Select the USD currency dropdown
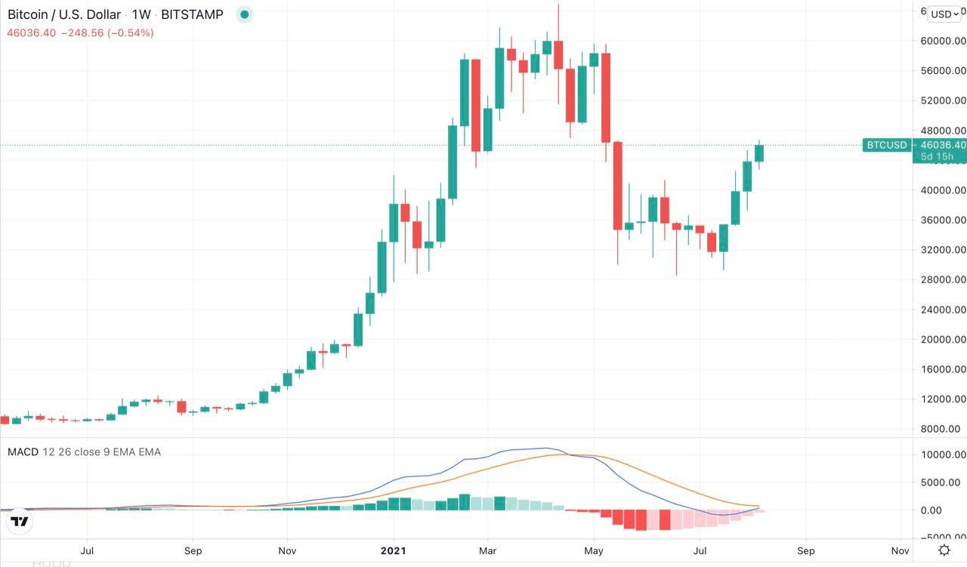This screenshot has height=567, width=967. (944, 14)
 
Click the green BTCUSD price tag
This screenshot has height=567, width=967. (886, 145)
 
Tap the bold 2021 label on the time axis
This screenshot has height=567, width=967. (393, 550)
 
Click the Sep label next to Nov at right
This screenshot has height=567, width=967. (806, 550)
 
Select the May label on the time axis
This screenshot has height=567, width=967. (595, 550)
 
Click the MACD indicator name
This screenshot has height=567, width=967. (23, 451)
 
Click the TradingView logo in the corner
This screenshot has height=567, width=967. (20, 521)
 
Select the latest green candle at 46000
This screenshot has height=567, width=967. (759, 153)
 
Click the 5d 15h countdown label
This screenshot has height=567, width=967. (937, 156)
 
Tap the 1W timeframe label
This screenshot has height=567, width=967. (141, 14)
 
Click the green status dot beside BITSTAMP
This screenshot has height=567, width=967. (244, 14)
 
